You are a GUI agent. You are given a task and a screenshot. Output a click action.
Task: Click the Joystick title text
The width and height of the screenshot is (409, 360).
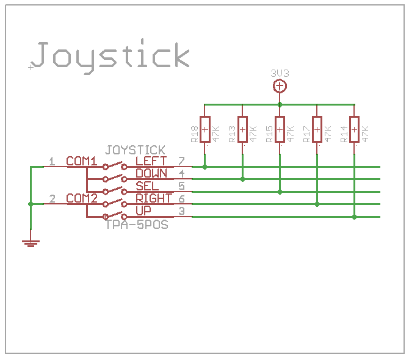110,56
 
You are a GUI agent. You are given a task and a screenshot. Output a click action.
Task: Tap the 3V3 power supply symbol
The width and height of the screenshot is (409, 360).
280,86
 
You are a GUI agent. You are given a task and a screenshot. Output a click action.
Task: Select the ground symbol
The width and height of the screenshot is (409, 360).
31,243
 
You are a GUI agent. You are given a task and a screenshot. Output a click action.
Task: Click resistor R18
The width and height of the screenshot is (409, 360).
204,129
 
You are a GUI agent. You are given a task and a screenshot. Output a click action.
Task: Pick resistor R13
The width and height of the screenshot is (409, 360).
242,129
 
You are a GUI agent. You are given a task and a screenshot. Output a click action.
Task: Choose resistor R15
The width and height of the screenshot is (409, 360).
280,129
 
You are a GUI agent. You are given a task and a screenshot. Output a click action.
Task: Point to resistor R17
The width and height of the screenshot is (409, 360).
317,129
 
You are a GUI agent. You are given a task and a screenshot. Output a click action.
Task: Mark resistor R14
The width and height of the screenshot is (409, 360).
355,129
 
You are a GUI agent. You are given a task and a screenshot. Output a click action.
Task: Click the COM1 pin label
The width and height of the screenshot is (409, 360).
82,162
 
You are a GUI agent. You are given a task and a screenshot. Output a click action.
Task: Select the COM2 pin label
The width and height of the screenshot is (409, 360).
82,198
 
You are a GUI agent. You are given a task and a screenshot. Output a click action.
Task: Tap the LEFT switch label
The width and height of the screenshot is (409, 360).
151,162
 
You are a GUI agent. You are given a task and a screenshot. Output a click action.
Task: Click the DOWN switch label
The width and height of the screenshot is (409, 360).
151,174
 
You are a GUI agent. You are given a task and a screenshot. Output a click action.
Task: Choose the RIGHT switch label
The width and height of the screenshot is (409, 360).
154,198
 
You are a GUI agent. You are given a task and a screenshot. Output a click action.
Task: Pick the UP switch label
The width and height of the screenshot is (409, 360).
143,211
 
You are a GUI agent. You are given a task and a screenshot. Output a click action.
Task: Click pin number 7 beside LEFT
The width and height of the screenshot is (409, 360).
181,161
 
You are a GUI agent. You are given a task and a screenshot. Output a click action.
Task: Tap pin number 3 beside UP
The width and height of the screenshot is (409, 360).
181,211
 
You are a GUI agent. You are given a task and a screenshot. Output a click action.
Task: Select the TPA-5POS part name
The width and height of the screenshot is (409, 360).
137,224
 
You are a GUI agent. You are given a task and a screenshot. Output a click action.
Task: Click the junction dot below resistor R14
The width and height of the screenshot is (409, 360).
355,216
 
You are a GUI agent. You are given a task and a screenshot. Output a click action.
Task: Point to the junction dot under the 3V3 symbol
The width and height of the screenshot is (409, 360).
280,104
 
